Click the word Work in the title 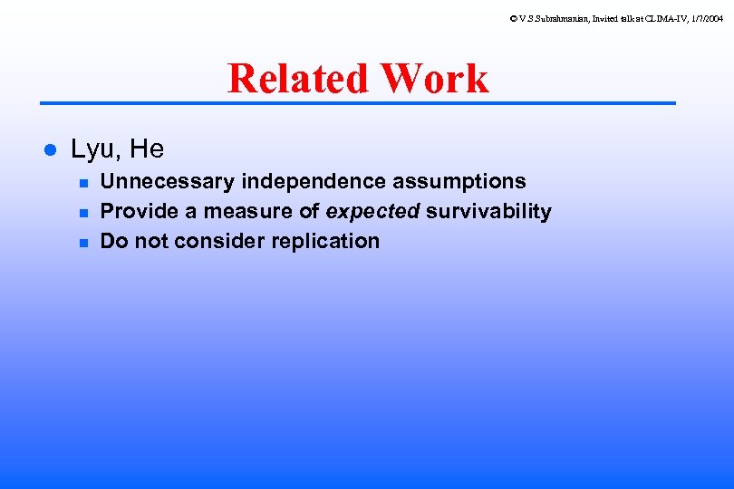[435, 79]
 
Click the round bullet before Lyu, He [52, 149]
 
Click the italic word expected [373, 212]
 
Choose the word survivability [488, 212]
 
